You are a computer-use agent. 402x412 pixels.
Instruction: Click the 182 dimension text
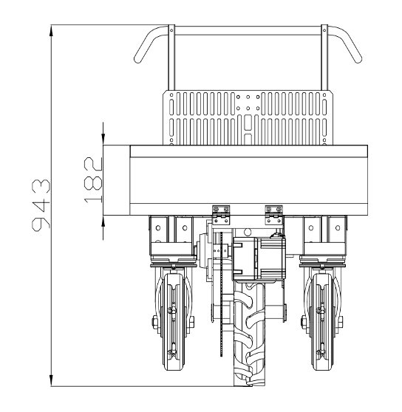[x=93, y=180]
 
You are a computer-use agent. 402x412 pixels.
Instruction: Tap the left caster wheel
[x=173, y=322]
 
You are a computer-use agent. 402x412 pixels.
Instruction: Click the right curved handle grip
[x=345, y=44]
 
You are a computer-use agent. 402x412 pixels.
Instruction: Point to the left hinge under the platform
[x=221, y=215]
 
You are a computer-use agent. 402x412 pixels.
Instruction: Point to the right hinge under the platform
[x=274, y=215]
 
